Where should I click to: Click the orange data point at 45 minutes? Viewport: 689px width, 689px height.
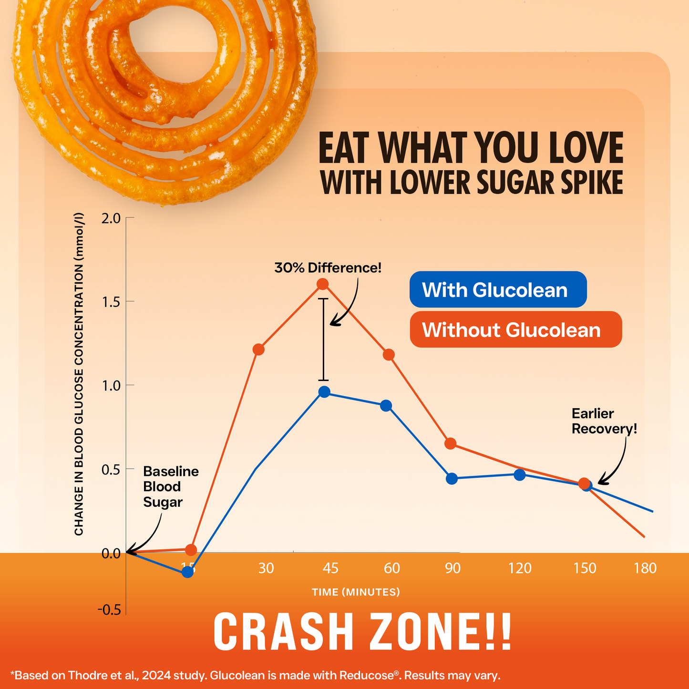pos(323,284)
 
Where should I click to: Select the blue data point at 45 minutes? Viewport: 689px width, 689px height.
pos(324,392)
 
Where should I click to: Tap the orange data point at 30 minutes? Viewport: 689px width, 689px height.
pos(258,350)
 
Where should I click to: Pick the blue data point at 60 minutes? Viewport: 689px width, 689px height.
pos(386,406)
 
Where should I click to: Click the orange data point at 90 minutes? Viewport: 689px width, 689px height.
pos(450,444)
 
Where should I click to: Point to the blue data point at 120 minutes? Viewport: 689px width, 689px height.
pos(519,475)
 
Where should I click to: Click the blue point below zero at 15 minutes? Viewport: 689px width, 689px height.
pos(188,571)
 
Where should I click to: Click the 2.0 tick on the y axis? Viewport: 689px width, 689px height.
pos(111,218)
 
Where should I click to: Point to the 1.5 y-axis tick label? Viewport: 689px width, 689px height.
pos(111,302)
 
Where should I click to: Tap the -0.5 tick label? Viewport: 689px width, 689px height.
pos(109,610)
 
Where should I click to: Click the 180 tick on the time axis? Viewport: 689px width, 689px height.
pos(645,568)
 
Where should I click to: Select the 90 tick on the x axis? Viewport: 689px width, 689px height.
pos(452,568)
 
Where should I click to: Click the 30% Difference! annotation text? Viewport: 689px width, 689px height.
pos(328,268)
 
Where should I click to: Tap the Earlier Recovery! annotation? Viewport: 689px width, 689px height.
pos(604,422)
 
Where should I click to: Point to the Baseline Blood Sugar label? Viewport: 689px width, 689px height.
pos(170,487)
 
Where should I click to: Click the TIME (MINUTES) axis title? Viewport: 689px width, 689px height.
pos(356,592)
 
